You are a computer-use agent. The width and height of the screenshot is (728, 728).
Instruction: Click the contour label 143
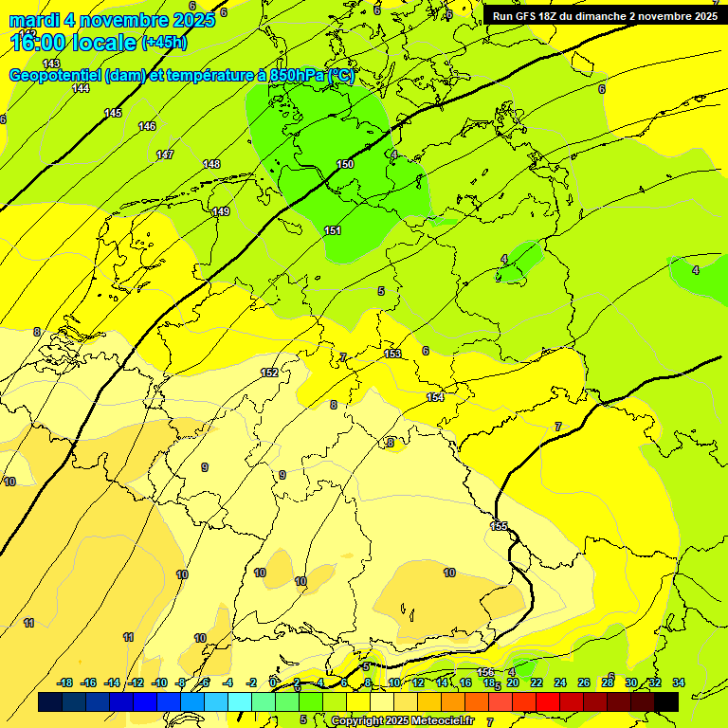(51, 64)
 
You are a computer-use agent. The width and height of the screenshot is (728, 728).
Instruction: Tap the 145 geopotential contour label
(113, 113)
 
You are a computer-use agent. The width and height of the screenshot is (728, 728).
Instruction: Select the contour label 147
(165, 155)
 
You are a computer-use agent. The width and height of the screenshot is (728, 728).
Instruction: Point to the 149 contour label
(221, 211)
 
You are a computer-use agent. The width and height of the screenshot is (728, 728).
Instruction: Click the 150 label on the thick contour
(345, 164)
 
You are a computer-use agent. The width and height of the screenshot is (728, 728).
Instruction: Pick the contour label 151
(333, 230)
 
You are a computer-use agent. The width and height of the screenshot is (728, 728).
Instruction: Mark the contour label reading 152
(269, 373)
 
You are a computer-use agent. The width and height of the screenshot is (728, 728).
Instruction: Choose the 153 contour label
(392, 354)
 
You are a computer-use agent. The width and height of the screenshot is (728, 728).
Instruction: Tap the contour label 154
(435, 397)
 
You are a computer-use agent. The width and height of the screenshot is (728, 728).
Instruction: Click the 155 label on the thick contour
(500, 525)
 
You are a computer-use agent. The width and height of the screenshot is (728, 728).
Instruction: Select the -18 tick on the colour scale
(65, 682)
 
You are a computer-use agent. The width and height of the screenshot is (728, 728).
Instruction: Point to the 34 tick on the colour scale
(679, 682)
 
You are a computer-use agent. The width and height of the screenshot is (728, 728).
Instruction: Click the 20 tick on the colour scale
(512, 682)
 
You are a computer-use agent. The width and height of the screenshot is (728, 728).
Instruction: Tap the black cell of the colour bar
(666, 701)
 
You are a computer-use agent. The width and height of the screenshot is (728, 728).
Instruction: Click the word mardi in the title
(34, 20)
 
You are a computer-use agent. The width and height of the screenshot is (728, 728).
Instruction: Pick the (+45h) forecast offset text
(164, 43)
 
